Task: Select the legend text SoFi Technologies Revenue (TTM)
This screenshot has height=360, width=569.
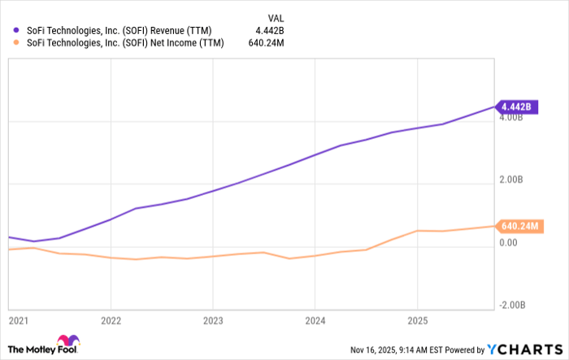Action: pyautogui.click(x=113, y=31)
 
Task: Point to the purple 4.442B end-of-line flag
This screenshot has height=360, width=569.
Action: pyautogui.click(x=516, y=106)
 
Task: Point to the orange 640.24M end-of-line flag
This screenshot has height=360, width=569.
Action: pyautogui.click(x=519, y=226)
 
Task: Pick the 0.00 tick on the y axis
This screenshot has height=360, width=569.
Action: pyautogui.click(x=509, y=242)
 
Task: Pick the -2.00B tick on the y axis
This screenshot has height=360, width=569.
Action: pyautogui.click(x=512, y=304)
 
